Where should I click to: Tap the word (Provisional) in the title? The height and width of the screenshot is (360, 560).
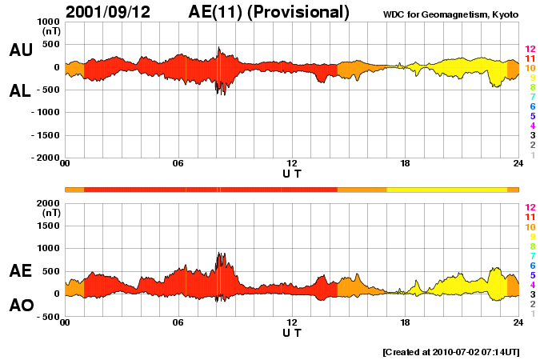(x=299, y=12)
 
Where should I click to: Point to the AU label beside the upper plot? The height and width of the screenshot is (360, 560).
(x=21, y=50)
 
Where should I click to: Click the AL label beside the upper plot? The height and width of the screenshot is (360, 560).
(x=21, y=92)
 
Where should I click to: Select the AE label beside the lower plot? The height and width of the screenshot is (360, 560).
(x=21, y=271)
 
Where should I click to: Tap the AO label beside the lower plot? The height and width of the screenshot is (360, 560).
(x=21, y=306)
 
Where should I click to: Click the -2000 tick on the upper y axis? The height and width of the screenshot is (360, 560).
(x=43, y=158)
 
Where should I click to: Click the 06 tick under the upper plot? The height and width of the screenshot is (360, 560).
(x=178, y=164)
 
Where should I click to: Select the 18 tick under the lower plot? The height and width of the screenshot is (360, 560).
(x=405, y=322)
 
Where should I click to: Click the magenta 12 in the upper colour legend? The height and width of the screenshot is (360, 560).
(x=530, y=49)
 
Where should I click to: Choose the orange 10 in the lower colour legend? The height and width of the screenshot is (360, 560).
(x=530, y=226)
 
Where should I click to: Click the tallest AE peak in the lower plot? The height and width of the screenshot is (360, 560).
(x=219, y=254)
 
